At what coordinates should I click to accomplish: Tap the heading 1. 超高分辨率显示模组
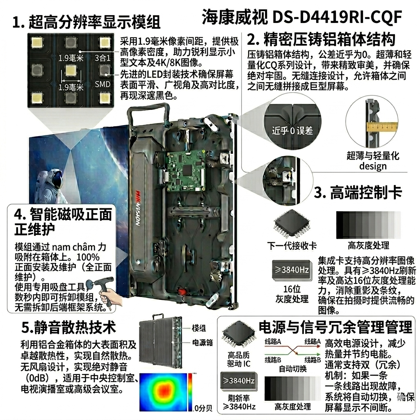tap(86, 22)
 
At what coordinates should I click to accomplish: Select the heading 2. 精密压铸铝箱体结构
tap(321, 40)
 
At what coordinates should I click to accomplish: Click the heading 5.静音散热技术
tap(69, 327)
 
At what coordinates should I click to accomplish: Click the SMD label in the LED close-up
tap(103, 84)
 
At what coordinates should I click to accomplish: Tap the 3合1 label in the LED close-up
tap(103, 58)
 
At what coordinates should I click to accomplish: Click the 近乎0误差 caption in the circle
tap(292, 131)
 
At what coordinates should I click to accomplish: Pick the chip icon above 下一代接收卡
tap(292, 224)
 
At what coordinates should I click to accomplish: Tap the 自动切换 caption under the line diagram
tap(292, 368)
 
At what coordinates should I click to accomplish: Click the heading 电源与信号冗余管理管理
tap(335, 327)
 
